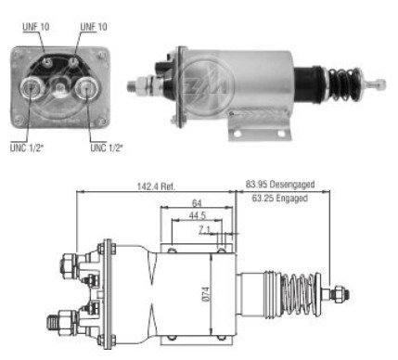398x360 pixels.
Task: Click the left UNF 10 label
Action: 36,27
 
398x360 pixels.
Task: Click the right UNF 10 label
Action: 94,27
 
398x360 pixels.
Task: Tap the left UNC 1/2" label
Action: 27,148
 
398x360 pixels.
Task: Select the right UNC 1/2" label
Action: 107,148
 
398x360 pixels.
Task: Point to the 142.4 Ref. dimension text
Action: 156,186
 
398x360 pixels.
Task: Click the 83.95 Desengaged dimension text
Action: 280,185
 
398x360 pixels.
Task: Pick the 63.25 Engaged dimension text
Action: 280,198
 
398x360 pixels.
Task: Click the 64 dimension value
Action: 197,203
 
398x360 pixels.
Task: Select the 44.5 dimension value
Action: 198,215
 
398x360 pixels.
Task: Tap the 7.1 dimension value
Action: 204,230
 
